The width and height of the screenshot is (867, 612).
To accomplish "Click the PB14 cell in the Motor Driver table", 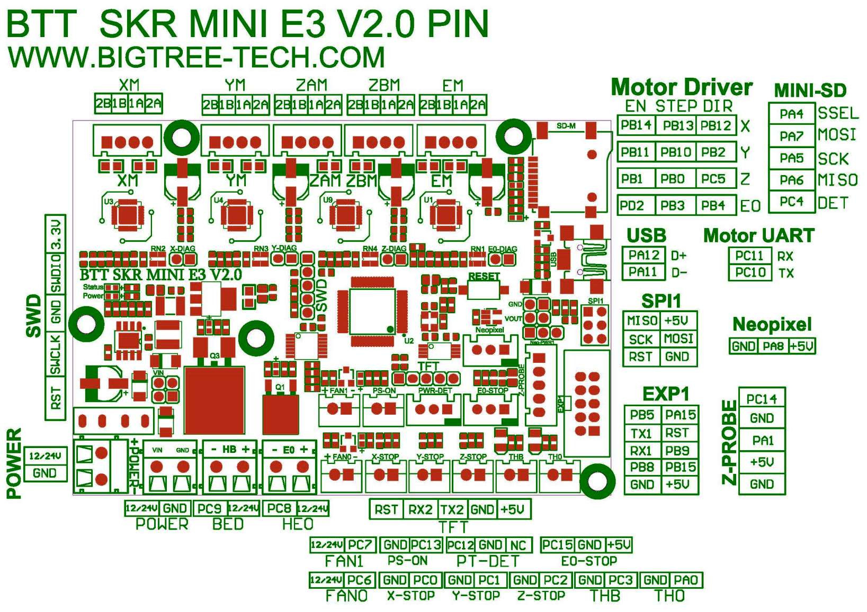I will tap(636, 125).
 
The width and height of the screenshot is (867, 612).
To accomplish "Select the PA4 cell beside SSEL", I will tap(791, 114).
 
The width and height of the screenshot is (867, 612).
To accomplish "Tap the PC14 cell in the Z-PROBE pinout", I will tap(762, 399).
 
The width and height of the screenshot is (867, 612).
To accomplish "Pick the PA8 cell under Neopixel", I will tap(773, 346).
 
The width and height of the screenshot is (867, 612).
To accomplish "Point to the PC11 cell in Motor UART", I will tap(749, 255).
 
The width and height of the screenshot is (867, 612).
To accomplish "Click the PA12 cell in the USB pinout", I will tap(643, 255).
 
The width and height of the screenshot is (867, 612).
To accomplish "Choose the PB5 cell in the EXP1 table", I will tap(642, 415).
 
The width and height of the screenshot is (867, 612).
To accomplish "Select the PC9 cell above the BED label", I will tap(209, 508).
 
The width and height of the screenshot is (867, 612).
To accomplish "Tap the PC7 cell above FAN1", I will tap(360, 544).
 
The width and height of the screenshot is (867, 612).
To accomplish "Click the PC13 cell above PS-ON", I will tap(426, 544).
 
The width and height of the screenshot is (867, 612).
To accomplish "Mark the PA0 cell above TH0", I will tap(686, 580).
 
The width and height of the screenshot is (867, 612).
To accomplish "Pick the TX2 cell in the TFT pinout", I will tap(452, 509).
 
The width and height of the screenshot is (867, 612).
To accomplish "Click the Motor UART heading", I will tap(758, 235).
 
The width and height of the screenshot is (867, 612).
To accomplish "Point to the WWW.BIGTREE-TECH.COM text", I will tap(196, 57).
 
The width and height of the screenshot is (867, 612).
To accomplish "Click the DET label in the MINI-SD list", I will tap(833, 203).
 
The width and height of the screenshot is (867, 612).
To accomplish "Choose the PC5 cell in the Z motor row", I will tap(713, 179).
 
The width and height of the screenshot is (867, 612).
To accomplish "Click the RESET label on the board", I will tap(484, 276).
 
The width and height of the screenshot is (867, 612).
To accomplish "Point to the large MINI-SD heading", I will tap(810, 90).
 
